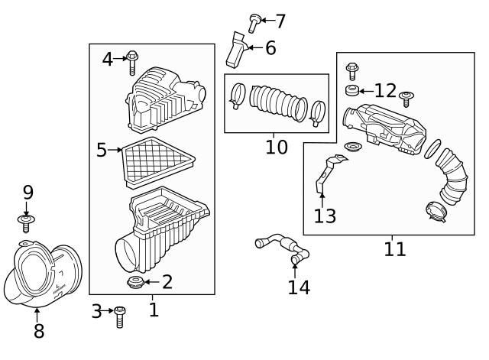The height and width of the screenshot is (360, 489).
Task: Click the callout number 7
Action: [x=280, y=21]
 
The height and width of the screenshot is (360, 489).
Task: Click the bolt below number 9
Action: [x=27, y=224]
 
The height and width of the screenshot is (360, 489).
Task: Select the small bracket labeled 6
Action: [x=235, y=49]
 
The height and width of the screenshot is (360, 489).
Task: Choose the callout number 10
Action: [x=277, y=146]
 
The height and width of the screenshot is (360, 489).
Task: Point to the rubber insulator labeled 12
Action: [x=353, y=92]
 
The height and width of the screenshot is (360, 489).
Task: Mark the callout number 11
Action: [x=395, y=248]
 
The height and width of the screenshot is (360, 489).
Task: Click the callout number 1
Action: [x=153, y=310]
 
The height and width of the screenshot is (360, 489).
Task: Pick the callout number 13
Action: [x=324, y=216]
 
